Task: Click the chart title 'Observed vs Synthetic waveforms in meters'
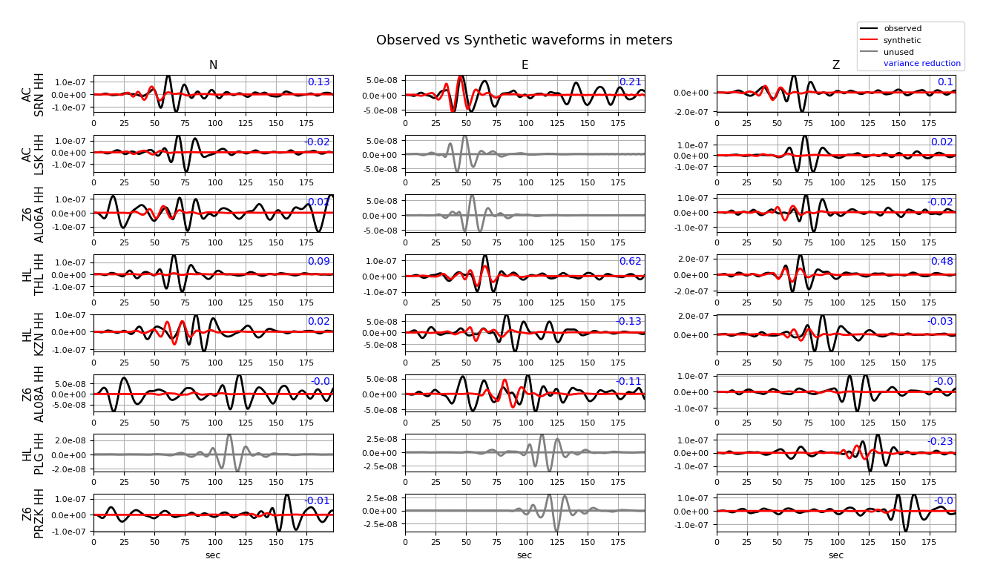point(524,40)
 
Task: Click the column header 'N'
point(213,65)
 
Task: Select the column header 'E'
point(525,65)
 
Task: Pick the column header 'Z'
point(836,65)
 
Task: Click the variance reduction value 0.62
point(631,262)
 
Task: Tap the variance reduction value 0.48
point(942,262)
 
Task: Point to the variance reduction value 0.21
point(631,82)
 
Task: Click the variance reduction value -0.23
point(940,441)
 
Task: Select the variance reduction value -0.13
point(628,321)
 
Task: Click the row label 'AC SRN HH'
point(33,94)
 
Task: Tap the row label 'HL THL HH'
point(33,274)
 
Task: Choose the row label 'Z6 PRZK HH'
point(33,513)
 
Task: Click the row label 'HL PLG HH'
point(33,453)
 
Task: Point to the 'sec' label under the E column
point(525,555)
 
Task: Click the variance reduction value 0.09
point(319,262)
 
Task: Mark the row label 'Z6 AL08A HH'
point(33,394)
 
